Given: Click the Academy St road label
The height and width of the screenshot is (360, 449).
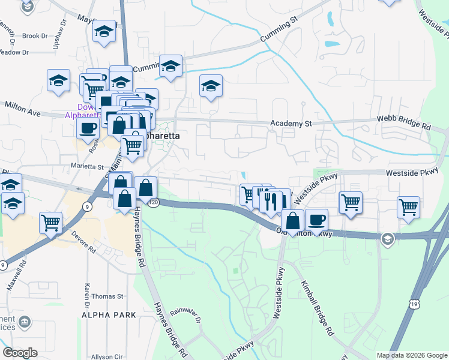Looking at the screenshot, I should (x=292, y=123).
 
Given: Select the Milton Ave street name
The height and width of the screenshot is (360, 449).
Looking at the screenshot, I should (x=23, y=109).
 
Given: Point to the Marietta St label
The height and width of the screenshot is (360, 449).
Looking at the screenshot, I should (x=88, y=167).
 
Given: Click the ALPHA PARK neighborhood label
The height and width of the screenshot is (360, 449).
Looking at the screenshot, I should (x=109, y=314).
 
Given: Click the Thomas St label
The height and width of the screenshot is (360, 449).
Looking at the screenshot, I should (x=107, y=296).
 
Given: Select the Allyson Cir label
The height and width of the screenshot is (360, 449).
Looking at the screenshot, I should (x=107, y=356).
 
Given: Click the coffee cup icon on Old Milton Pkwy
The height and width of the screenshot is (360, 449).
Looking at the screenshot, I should (x=316, y=219).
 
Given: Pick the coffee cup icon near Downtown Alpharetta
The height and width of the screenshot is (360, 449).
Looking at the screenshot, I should (x=88, y=128).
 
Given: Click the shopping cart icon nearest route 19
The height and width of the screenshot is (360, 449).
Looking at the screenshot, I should (x=408, y=207).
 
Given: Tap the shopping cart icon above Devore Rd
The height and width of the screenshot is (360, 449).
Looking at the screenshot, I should (x=51, y=222).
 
